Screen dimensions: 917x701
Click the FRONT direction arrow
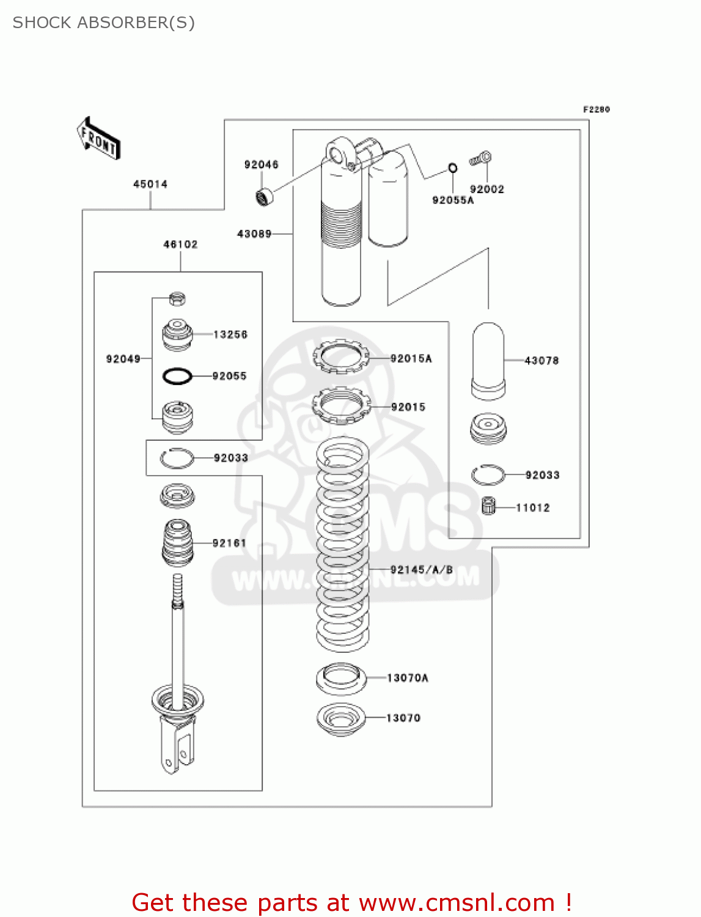[x=98, y=139]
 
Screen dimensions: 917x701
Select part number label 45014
[x=150, y=184]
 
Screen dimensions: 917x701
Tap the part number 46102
[x=180, y=245]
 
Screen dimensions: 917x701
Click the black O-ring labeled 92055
[x=177, y=377]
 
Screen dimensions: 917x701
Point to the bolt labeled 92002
[x=481, y=159]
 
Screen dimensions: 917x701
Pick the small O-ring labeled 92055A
[x=452, y=168]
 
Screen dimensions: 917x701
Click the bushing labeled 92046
[x=265, y=197]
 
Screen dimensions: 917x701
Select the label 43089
[x=254, y=234]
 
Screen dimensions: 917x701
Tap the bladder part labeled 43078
[x=488, y=361]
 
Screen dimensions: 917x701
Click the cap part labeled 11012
[x=488, y=506]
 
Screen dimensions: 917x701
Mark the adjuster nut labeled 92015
[x=341, y=405]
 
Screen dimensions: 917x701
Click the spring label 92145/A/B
[x=422, y=570]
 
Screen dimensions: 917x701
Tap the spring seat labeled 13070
[x=340, y=719]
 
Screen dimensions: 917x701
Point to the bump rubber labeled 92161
[x=177, y=543]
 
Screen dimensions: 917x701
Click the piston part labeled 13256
[x=177, y=334]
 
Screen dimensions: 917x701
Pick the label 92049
[x=123, y=359]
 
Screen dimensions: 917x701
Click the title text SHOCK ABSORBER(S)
[x=104, y=23]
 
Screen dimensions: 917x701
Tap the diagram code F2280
[x=596, y=109]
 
